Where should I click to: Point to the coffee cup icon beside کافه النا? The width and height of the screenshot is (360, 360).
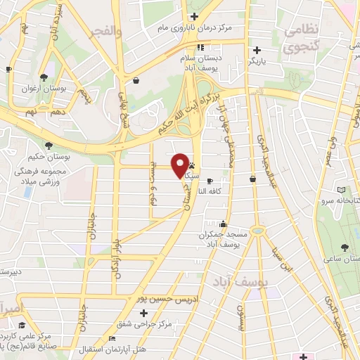pos(210,181)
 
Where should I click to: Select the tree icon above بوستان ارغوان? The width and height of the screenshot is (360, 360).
pos(44,77)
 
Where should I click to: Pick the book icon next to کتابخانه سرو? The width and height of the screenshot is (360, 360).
pos(342,190)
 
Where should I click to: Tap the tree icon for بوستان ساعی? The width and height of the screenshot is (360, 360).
pos(345,247)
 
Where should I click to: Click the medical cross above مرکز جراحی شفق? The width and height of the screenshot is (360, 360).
pos(144,311)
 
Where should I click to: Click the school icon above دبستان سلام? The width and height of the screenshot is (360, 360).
pos(200,47)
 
